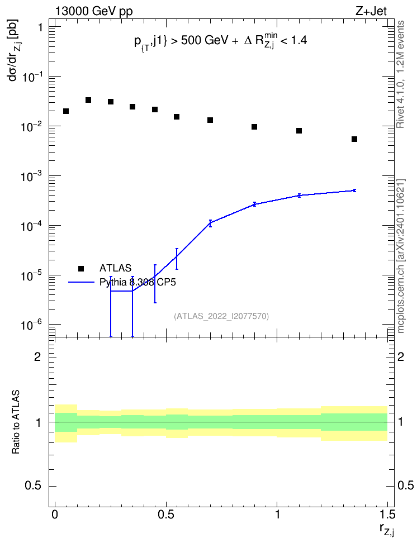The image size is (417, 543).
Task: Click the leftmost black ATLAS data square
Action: point(66,111)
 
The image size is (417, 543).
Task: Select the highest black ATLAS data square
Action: point(88,100)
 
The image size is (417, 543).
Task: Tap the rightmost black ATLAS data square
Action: point(354,139)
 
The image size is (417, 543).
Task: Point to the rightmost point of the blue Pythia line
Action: point(354,190)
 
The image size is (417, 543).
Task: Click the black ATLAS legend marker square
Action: point(81,268)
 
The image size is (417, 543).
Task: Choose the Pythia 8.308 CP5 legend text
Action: point(138,282)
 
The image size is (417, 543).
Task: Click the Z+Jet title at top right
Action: point(371,11)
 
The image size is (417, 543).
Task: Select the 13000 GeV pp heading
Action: point(94,12)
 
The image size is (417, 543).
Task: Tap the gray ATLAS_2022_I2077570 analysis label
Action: point(221,316)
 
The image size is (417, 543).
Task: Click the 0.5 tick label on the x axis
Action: point(166,515)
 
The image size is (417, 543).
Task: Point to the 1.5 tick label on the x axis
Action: point(387,515)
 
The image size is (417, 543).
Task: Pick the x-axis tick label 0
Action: point(55,515)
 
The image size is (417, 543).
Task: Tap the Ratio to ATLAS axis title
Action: point(16,422)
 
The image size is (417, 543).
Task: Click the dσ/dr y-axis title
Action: point(14,50)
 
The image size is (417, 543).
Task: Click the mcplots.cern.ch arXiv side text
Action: point(401,256)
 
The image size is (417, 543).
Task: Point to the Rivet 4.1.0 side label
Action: point(400,74)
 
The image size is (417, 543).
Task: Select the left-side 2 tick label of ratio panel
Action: point(37,356)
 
